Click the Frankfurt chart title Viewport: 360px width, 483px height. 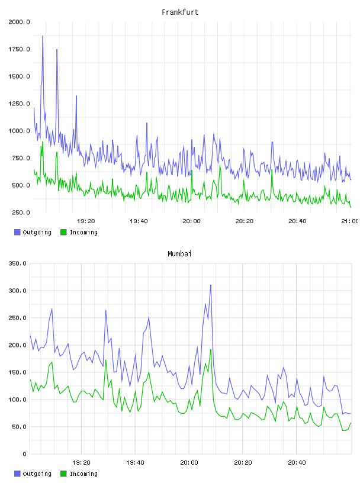[x=180, y=12]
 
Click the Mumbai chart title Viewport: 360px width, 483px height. [x=179, y=254]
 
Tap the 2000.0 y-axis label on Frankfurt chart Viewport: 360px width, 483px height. [x=19, y=22]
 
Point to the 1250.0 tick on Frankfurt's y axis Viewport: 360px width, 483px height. [x=19, y=104]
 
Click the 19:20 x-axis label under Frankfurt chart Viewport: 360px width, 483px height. [x=86, y=221]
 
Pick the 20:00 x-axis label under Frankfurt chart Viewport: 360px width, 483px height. [x=191, y=221]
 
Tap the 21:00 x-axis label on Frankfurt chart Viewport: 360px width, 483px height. [x=349, y=221]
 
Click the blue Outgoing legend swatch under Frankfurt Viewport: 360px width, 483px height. [x=17, y=232]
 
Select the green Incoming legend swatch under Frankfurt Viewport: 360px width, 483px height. [x=63, y=232]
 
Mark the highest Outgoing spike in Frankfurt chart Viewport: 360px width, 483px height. [x=43, y=36]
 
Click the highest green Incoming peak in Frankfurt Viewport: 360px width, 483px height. [x=43, y=142]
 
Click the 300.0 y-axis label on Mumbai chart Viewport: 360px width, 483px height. [x=18, y=291]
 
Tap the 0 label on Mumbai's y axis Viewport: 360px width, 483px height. [x=24, y=454]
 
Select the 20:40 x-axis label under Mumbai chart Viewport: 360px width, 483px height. [x=297, y=463]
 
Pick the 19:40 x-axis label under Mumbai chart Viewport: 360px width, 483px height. [x=135, y=463]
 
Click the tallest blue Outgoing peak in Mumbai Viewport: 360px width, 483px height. [x=211, y=285]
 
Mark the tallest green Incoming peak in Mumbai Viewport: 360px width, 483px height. [x=211, y=350]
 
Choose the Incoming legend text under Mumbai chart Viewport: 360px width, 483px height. [x=83, y=474]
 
